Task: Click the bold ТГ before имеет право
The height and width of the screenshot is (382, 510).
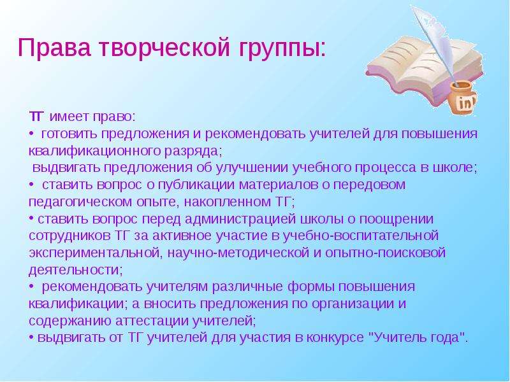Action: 36,117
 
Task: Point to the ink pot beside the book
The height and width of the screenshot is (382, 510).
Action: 463,99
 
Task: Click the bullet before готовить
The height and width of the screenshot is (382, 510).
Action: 31,134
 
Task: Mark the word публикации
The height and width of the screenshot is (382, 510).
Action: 196,185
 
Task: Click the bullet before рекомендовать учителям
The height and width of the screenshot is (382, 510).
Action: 31,286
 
